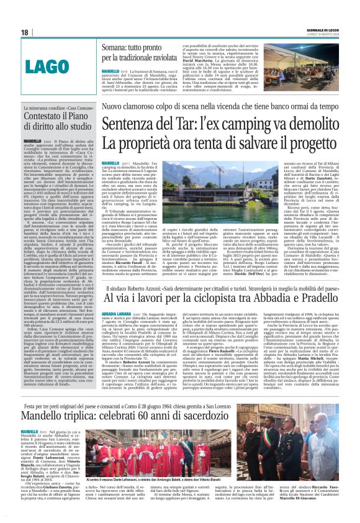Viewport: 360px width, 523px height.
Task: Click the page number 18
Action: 25,32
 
